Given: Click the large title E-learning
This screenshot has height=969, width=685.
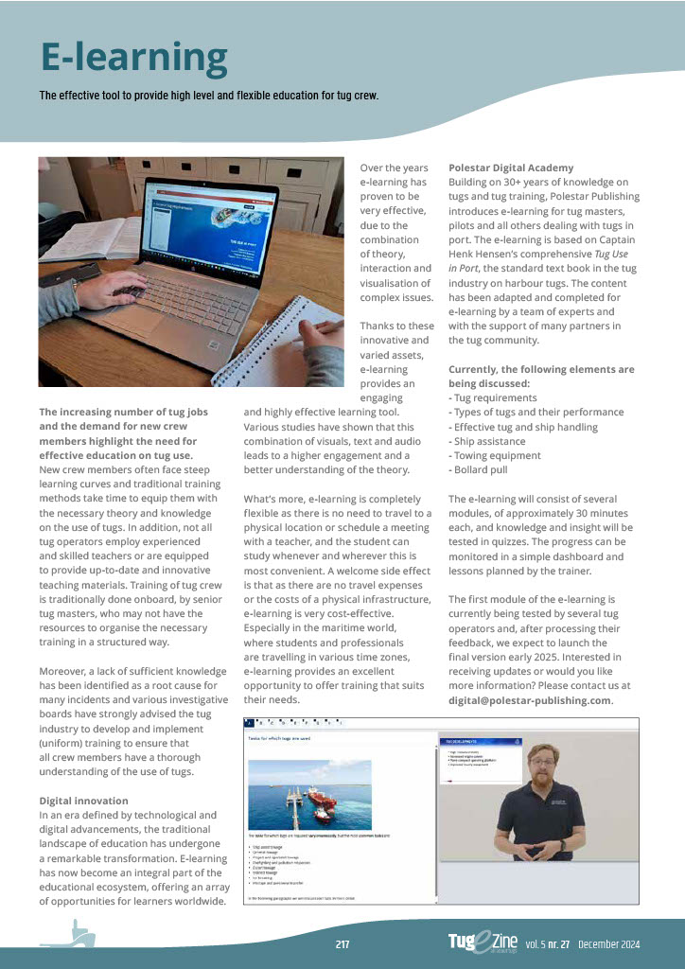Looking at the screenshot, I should pos(133,59).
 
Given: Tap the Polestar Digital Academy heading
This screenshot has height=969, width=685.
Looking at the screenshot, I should pos(511,167).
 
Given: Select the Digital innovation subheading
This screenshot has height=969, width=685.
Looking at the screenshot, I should pos(83,801).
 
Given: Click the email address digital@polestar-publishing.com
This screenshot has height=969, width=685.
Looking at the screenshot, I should pos(530,701).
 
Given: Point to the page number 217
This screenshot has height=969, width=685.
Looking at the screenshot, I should pos(342,943).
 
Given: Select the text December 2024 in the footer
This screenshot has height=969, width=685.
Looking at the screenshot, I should pos(609,944).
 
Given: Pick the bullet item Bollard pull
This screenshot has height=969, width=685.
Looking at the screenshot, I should pos(481,470).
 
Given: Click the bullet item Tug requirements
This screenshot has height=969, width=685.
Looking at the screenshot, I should pos(492,397).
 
